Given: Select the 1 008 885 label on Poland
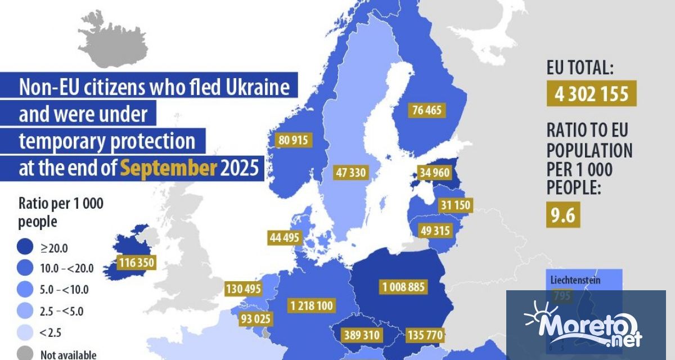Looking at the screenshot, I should click(x=403, y=287).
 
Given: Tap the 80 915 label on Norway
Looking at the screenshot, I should click(x=292, y=141).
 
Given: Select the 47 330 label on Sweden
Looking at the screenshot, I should click(x=350, y=172).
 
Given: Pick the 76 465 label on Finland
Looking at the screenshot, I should click(x=426, y=110).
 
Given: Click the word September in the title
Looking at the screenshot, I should click(x=168, y=169).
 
